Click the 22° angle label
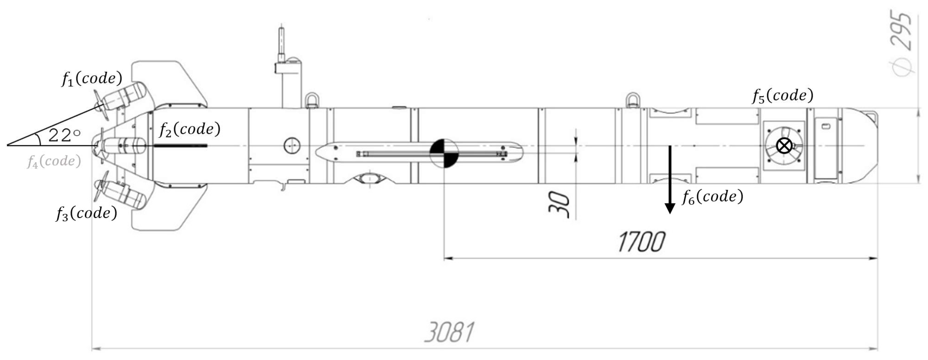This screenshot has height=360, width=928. [64, 136]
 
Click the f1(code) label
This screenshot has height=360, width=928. [92, 78]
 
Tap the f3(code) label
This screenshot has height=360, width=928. [86, 213]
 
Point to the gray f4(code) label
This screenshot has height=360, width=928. [54, 161]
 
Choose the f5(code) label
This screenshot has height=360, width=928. [783, 95]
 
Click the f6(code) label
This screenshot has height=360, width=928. [712, 197]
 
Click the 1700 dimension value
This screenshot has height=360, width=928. [641, 242]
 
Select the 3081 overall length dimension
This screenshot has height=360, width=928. [449, 332]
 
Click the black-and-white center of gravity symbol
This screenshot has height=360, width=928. [444, 153]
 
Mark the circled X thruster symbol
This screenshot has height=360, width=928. [784, 146]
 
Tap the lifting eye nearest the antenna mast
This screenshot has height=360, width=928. [312, 100]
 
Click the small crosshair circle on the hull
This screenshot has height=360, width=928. [292, 146]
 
